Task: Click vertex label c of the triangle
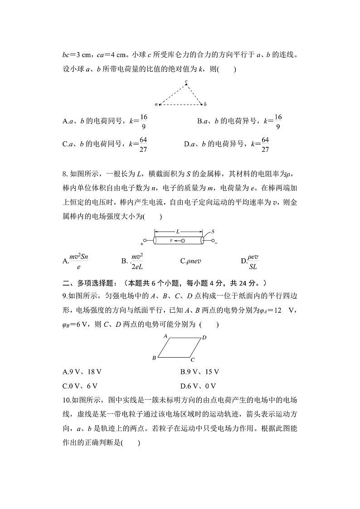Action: [186, 82]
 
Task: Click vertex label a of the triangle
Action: [156, 104]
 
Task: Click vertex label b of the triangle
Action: [205, 104]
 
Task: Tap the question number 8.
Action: [65, 173]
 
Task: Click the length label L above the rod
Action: [178, 231]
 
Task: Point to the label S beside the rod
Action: [213, 231]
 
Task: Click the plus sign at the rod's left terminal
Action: [142, 244]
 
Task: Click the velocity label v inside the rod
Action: [171, 241]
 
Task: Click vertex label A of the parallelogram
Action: [166, 336]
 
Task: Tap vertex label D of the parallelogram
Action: [204, 337]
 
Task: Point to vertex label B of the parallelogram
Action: [154, 358]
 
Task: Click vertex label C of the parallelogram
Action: [193, 360]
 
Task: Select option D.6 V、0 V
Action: [198, 386]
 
